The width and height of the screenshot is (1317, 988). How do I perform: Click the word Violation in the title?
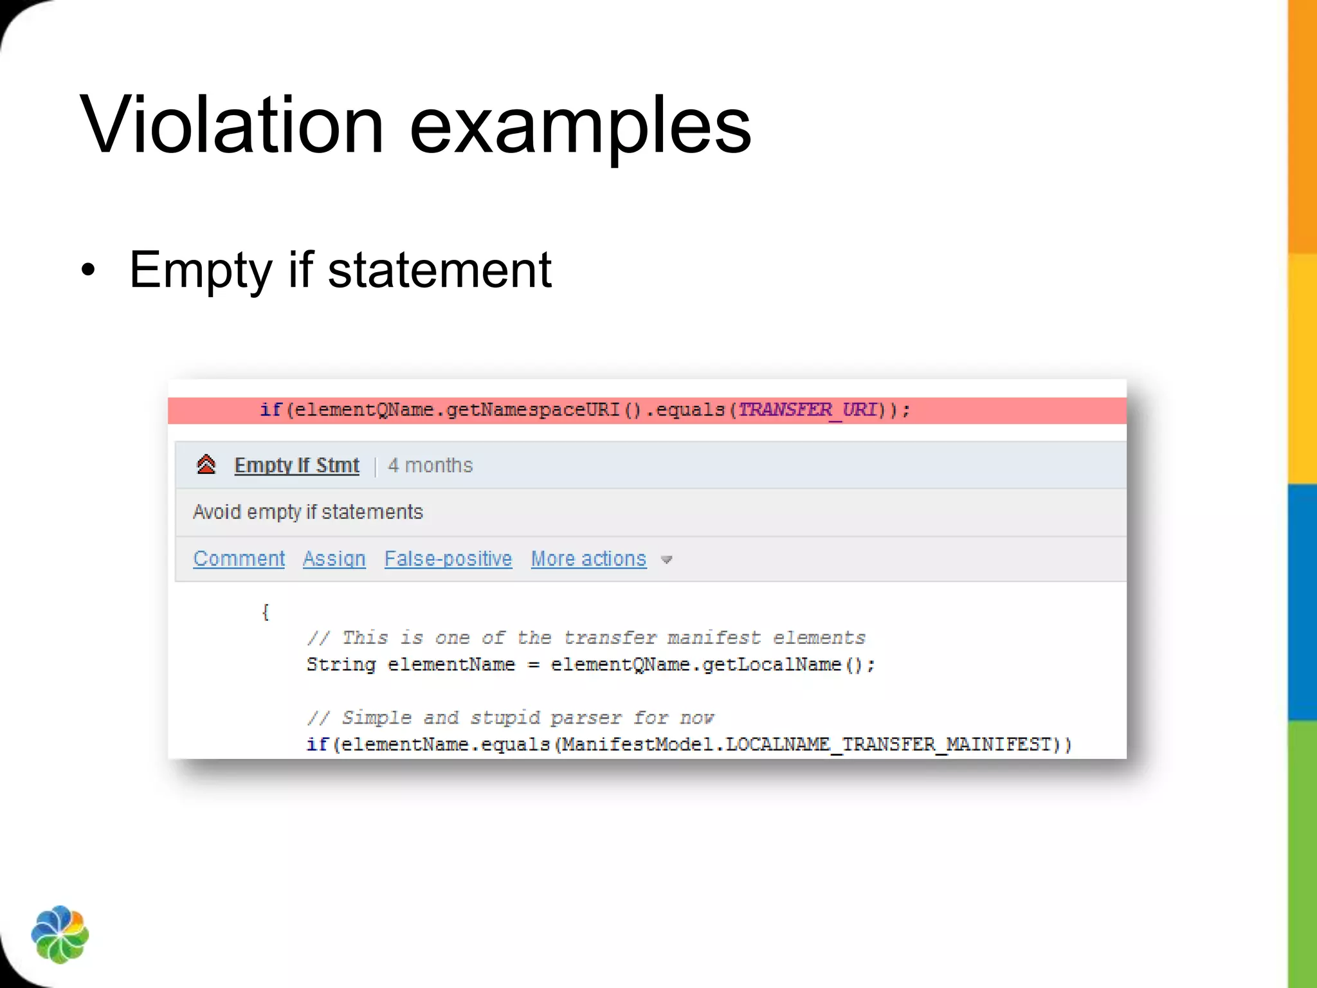[x=232, y=125]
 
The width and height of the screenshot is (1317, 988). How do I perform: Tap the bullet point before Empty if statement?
[x=88, y=271]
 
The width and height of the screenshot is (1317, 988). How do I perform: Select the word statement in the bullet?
[x=440, y=270]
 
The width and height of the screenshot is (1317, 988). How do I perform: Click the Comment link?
[x=239, y=558]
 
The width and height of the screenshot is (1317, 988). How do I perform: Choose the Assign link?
[x=334, y=558]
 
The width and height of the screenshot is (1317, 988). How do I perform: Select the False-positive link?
[x=448, y=558]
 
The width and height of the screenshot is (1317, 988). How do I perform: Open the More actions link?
[x=588, y=558]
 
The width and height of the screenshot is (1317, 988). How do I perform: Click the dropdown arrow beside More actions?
[x=667, y=560]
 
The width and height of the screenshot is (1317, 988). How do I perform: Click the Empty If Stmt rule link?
[x=296, y=465]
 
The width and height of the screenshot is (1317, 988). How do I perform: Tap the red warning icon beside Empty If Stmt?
[x=206, y=464]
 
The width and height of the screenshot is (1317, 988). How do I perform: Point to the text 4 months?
[x=430, y=465]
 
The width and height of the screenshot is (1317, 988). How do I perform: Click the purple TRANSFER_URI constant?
[x=807, y=410]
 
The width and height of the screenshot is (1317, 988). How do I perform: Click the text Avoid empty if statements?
[x=308, y=512]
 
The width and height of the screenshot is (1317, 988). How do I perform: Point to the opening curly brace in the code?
[x=265, y=612]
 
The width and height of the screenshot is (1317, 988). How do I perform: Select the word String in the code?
[x=341, y=664]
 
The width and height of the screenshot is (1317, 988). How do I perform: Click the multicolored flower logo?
[x=60, y=934]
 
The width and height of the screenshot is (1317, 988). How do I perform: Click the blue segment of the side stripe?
[x=1302, y=601]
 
